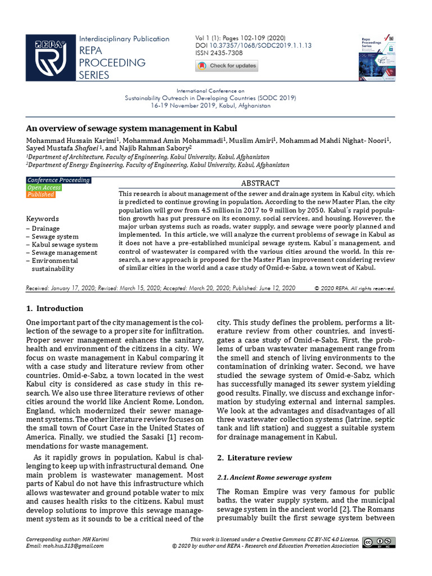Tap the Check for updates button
227,66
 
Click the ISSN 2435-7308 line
219,53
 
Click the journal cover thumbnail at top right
377,57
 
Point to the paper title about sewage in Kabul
132,128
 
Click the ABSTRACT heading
260,183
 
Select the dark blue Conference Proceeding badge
58,180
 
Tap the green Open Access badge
44,187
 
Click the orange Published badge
40,195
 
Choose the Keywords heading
42,218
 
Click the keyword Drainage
45,229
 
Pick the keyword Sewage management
64,253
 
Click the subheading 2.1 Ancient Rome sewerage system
274,478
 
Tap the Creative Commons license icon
379,542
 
